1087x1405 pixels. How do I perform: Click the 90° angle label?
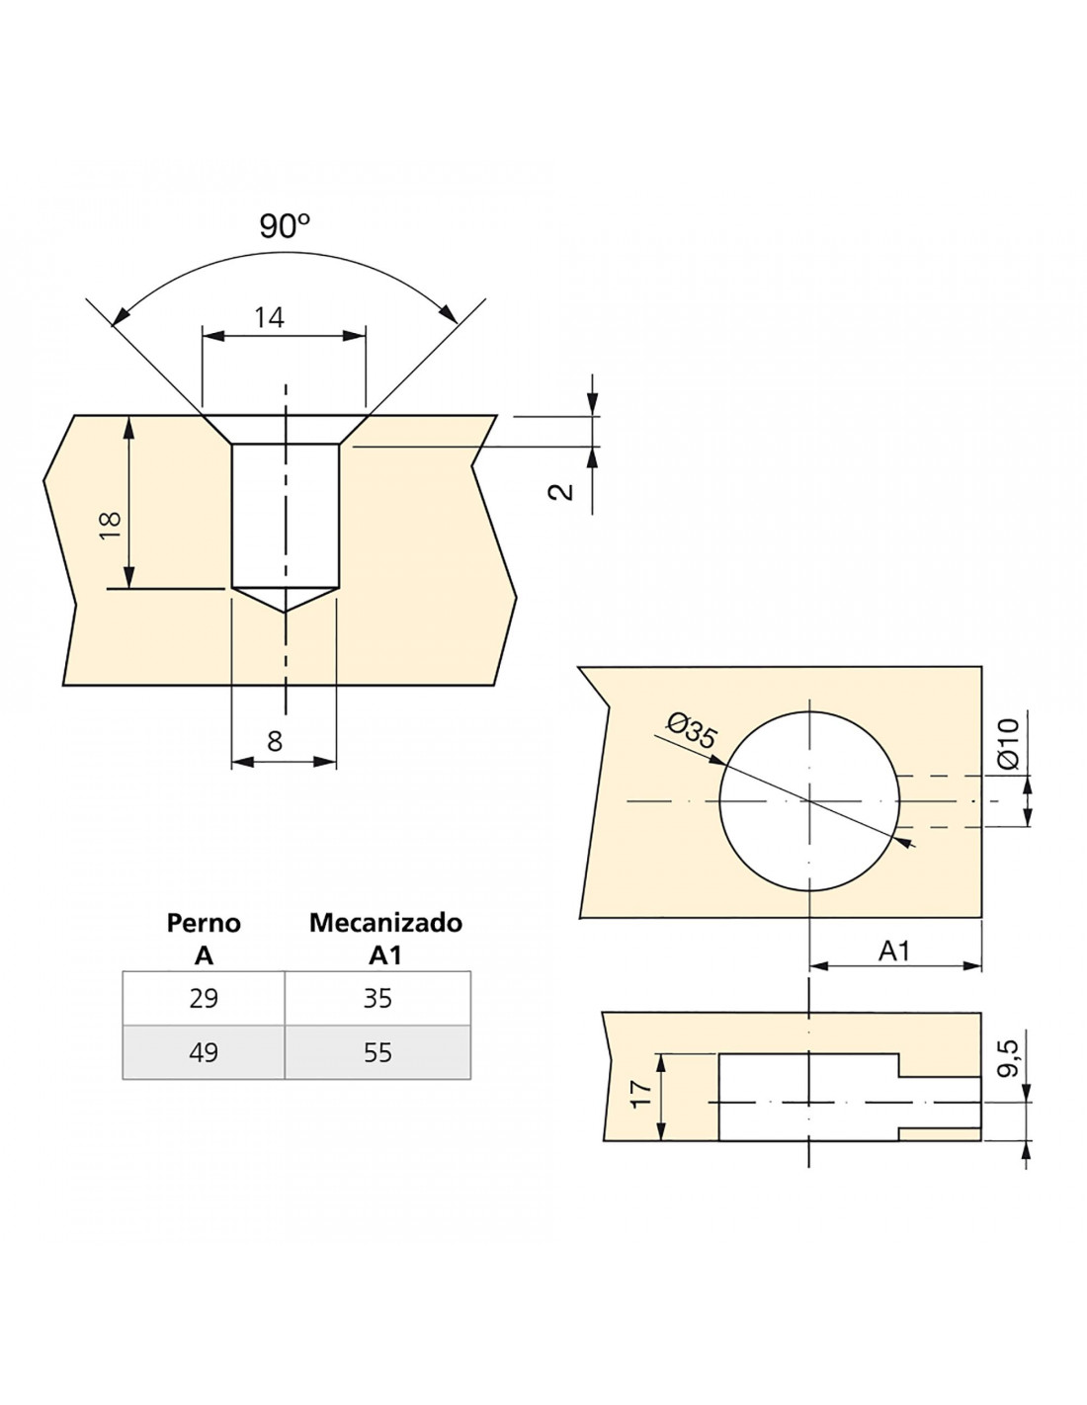point(285,225)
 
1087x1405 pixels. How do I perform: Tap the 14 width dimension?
point(269,317)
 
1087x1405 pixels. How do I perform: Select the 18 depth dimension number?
point(111,525)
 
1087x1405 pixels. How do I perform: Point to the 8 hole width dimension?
point(275,741)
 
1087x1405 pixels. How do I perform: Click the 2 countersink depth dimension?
point(560,491)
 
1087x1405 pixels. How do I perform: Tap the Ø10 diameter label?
point(1008,743)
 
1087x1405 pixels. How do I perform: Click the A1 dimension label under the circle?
point(894,950)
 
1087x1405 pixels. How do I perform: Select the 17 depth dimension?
point(642,1094)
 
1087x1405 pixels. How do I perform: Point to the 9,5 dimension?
point(1008,1058)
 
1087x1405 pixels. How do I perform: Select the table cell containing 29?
point(204,998)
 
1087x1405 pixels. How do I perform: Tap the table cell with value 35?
point(377,998)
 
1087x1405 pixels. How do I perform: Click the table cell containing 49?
point(204,1052)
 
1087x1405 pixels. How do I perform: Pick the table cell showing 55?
point(377,1052)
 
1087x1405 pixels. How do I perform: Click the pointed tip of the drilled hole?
point(286,612)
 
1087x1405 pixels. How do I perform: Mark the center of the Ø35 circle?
point(809,801)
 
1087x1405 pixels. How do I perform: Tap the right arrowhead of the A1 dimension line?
point(972,966)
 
